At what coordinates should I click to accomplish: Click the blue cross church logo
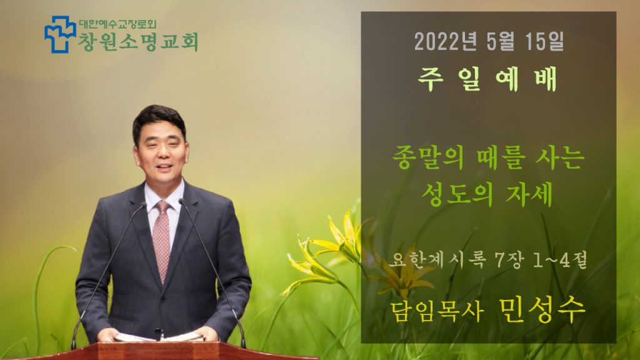60,34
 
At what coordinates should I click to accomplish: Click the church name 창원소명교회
138,42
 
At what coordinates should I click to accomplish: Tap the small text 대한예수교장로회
117,24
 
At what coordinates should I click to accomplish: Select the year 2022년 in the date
445,42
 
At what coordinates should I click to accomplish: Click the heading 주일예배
487,79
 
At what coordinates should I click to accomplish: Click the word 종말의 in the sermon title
427,158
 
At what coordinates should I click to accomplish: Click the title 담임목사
437,311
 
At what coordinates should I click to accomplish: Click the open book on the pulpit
159,337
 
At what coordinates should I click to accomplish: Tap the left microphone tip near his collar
143,204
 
